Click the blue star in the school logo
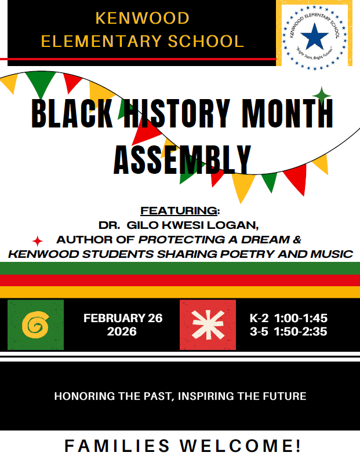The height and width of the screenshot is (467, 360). pyautogui.click(x=315, y=36)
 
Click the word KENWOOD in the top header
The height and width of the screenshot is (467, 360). pyautogui.click(x=142, y=18)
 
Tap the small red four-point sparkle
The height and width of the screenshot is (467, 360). pyautogui.click(x=38, y=240)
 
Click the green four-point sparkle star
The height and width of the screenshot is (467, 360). pyautogui.click(x=321, y=94)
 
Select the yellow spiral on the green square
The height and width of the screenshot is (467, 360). pyautogui.click(x=35, y=325)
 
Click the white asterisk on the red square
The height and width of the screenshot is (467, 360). pyautogui.click(x=208, y=325)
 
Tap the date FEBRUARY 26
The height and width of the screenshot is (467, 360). pyautogui.click(x=123, y=318)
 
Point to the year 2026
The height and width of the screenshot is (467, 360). pyautogui.click(x=122, y=332)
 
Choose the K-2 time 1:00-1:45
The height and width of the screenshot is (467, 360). pyautogui.click(x=300, y=318)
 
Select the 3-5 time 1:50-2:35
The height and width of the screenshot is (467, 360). pyautogui.click(x=300, y=332)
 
